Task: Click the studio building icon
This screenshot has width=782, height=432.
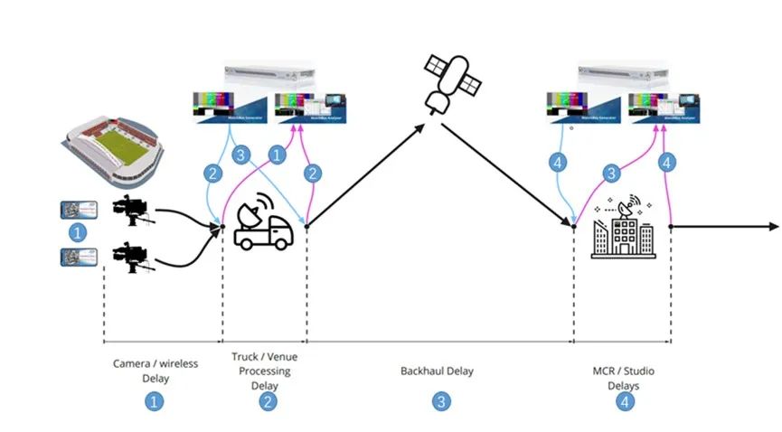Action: coord(623,229)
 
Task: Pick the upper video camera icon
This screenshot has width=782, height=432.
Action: coord(130,209)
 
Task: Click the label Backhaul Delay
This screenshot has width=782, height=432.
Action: coord(437,371)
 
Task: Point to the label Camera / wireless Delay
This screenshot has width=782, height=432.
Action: coord(155,371)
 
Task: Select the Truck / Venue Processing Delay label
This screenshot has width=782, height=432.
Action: coord(264,371)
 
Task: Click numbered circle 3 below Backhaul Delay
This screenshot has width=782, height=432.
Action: coord(440,401)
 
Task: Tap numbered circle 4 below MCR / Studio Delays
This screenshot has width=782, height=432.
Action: coord(625,401)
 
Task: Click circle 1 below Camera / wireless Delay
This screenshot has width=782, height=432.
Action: coord(155,401)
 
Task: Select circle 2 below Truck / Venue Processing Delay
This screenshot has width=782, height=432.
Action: coord(268,401)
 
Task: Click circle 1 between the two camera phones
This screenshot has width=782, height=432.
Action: coord(78,232)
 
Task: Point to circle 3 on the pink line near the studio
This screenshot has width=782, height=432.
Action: coord(612,172)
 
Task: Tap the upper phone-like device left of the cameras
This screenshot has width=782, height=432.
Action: coord(78,209)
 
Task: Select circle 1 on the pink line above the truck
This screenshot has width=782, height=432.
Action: coord(278,155)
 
